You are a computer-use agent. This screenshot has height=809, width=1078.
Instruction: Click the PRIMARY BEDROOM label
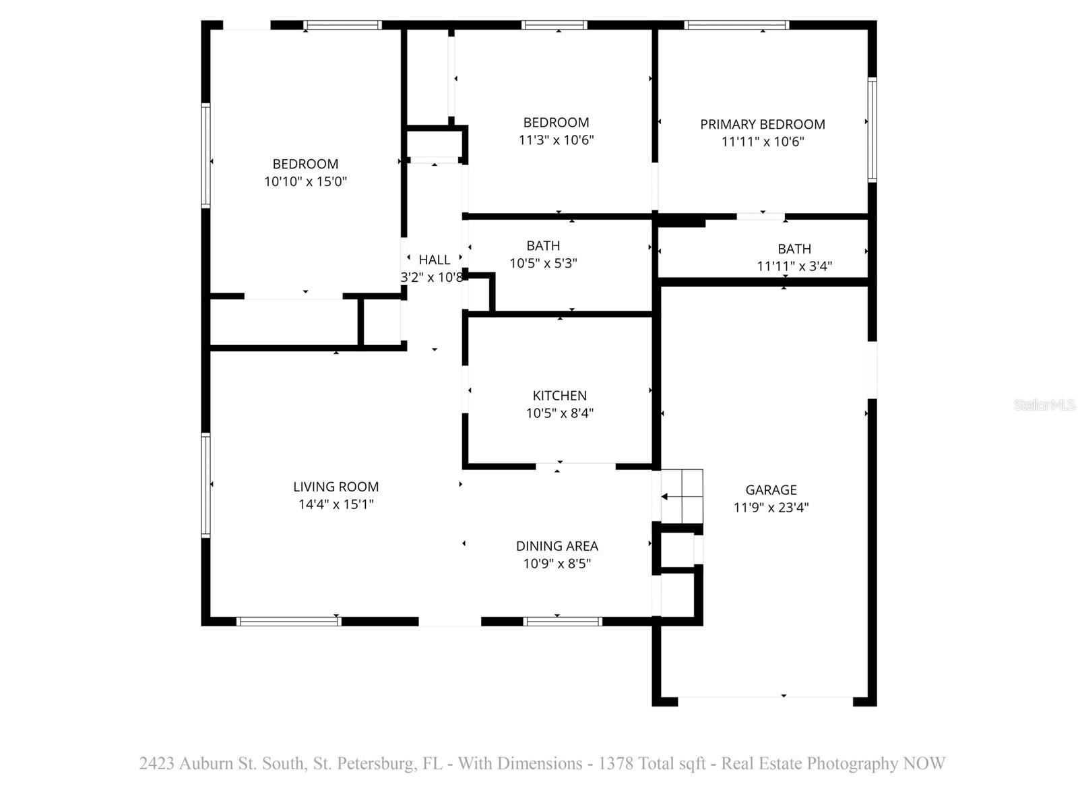coord(762,124)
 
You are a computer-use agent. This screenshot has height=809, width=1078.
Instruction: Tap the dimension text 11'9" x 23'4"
coord(771,508)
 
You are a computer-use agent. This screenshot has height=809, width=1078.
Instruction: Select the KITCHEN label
coord(559,396)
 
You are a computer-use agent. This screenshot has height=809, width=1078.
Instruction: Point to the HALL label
coord(434,260)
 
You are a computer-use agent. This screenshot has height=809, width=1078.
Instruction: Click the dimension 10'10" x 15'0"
coord(305,181)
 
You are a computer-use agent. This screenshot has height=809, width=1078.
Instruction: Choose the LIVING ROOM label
coord(336,487)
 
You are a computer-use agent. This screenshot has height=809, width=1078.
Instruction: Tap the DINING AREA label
coord(557,546)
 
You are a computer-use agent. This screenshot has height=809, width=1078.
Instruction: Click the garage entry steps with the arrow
coord(682,497)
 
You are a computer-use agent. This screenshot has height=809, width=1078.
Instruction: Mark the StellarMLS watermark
coord(1044,405)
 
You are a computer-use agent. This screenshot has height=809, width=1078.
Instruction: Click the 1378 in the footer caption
coord(615,764)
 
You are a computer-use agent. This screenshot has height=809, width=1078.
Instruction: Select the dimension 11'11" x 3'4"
coord(794,266)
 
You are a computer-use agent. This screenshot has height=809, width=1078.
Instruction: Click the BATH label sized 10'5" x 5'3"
coord(543,246)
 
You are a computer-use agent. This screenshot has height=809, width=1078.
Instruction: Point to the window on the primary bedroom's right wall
coord(872,129)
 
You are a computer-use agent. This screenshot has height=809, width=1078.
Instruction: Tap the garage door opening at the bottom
coord(765,701)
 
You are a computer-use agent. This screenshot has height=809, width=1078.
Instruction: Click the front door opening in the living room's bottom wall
coord(449,622)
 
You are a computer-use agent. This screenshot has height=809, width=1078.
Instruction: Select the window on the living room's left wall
coord(206,485)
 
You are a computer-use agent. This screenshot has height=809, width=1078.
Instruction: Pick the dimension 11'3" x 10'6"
coord(556,140)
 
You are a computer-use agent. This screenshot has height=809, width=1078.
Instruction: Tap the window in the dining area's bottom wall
coord(562,622)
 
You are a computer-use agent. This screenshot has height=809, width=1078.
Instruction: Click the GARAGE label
coord(771,490)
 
